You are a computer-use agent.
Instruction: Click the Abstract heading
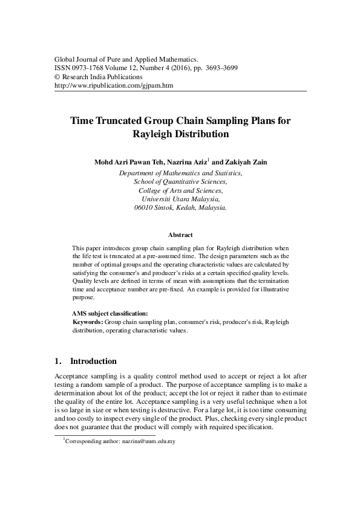click(x=180, y=235)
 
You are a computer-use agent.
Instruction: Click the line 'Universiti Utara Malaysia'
click(x=180, y=198)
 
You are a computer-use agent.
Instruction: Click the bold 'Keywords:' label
click(x=87, y=322)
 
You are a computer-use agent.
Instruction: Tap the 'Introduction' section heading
click(x=94, y=361)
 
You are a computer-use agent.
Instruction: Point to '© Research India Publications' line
click(x=98, y=77)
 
